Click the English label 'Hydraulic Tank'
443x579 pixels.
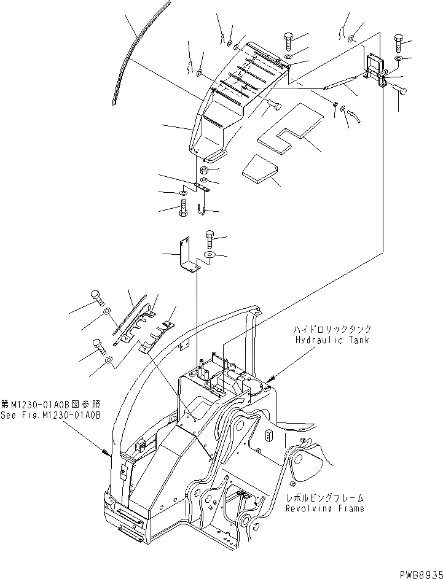pos(332,340)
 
